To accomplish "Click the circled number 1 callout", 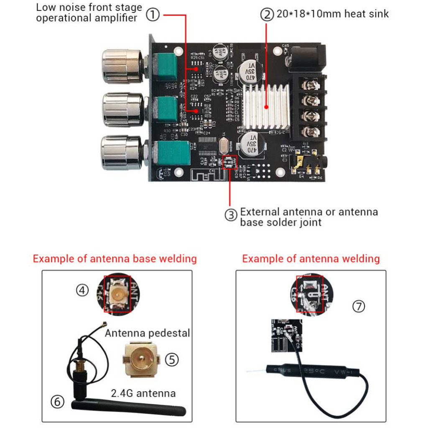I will [153, 15].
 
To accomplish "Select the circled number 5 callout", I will [171, 359].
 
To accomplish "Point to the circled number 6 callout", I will [58, 402].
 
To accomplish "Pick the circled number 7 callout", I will [358, 306].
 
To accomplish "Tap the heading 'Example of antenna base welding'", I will [115, 259].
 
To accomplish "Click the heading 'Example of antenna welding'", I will [311, 259].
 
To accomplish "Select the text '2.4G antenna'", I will [143, 393].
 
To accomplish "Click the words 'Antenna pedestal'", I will [147, 333].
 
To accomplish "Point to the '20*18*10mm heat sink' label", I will [332, 14].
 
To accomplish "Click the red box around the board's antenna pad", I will [229, 162].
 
